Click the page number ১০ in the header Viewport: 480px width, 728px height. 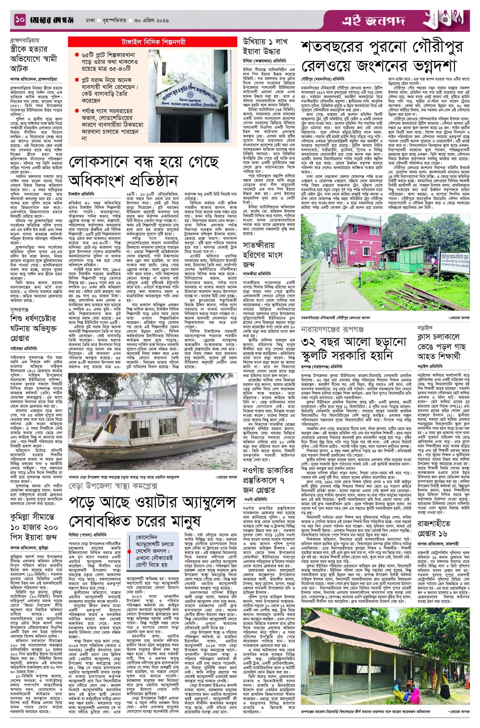pos(20,21)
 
